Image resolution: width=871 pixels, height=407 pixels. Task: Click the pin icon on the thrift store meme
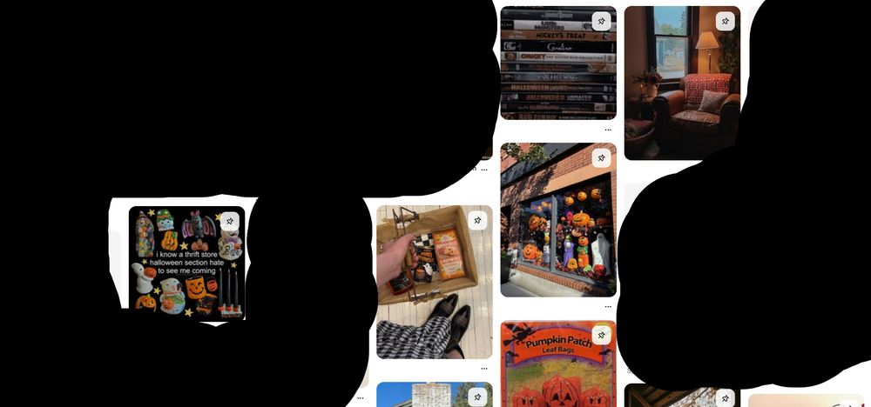(229, 222)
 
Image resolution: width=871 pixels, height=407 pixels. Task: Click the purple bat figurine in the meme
(198, 227)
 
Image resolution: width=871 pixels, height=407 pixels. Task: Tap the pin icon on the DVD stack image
(601, 21)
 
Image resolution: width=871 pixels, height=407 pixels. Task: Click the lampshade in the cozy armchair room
(707, 41)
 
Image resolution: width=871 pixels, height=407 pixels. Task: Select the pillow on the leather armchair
(712, 101)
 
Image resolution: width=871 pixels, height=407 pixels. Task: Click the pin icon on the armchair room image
(725, 21)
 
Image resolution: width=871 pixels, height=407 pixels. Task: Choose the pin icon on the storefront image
(601, 157)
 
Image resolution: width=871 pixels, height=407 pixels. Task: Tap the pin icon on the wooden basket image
(477, 220)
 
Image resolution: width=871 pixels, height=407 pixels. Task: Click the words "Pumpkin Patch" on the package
(557, 340)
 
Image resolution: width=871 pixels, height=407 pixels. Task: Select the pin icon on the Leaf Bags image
(601, 335)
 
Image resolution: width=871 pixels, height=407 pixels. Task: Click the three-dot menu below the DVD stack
(608, 130)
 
